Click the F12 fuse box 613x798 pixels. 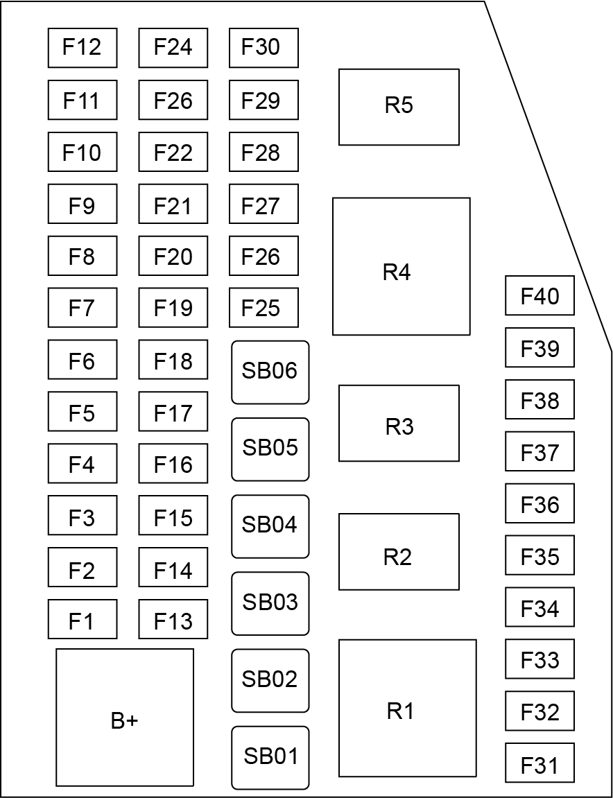click(x=83, y=48)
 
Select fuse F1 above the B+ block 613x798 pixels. click(x=83, y=619)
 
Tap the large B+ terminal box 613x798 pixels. click(x=125, y=718)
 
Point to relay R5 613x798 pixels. click(x=399, y=107)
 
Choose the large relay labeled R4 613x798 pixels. click(x=401, y=266)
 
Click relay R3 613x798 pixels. click(x=399, y=423)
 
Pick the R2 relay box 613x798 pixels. click(x=399, y=552)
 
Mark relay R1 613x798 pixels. click(x=407, y=708)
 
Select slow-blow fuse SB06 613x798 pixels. click(x=270, y=372)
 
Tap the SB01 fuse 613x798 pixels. click(x=270, y=758)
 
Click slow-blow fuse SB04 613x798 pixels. click(x=270, y=526)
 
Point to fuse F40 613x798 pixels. click(x=539, y=295)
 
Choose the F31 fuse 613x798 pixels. click(x=539, y=763)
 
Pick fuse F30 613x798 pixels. click(x=264, y=48)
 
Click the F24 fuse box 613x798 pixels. click(x=173, y=48)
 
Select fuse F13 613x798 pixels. click(x=173, y=619)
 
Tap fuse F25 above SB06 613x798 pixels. click(x=264, y=308)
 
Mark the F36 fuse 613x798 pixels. click(x=539, y=503)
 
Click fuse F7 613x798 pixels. click(x=83, y=308)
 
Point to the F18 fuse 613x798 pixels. click(x=173, y=360)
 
